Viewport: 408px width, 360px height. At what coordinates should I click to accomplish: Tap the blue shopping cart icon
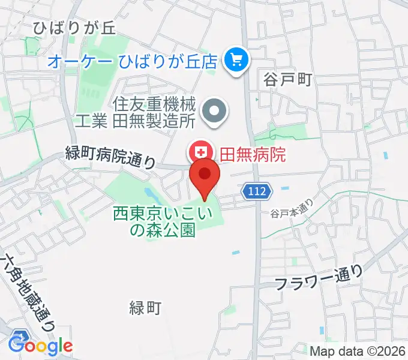(236, 59)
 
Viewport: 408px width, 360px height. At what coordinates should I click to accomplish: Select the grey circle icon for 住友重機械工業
(214, 112)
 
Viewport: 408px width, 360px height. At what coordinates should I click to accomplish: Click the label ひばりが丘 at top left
(74, 28)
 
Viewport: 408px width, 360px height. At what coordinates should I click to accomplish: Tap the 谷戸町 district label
(287, 79)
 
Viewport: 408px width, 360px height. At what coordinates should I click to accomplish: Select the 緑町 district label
(145, 308)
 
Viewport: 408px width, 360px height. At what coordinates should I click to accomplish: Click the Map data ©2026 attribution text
(357, 350)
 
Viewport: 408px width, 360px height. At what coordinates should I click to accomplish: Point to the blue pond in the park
(151, 195)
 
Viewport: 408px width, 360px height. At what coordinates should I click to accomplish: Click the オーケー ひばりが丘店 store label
(133, 60)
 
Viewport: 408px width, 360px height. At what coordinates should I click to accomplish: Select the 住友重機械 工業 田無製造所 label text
(137, 112)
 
